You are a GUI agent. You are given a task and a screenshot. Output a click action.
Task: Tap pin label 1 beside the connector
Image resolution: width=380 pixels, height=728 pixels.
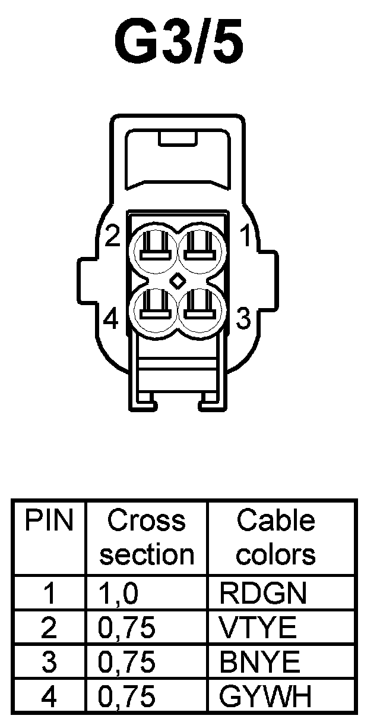point(244,237)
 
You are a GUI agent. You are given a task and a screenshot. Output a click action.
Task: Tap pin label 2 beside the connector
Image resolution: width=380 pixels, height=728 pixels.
point(112,237)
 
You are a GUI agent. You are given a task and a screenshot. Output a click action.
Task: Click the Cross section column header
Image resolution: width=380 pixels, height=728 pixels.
point(147,538)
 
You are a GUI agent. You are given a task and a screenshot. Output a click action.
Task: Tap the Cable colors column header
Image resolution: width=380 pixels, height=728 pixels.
point(276,538)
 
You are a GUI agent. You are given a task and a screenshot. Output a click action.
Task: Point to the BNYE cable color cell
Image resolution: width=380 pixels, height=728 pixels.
point(259,661)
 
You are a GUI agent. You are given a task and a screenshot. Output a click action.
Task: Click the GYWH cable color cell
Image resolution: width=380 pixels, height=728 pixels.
point(265,696)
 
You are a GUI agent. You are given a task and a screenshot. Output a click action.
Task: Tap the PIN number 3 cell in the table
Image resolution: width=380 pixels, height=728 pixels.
point(50,662)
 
